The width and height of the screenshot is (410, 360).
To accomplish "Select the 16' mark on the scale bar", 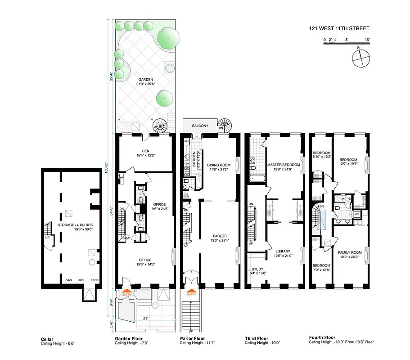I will [367, 40].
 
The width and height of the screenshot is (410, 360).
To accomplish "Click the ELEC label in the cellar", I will [94, 280].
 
